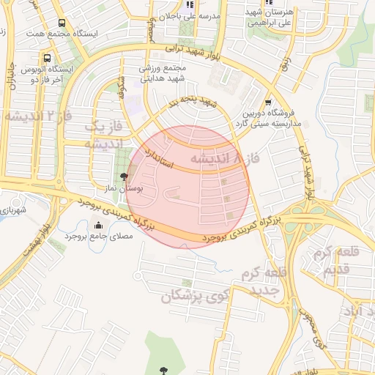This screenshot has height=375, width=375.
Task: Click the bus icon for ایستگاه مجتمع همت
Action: (60, 23)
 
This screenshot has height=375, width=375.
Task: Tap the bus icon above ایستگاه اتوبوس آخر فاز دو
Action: (48, 57)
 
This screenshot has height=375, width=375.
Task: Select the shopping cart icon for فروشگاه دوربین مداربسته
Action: (269, 103)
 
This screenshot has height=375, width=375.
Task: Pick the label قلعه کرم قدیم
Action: (334, 259)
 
